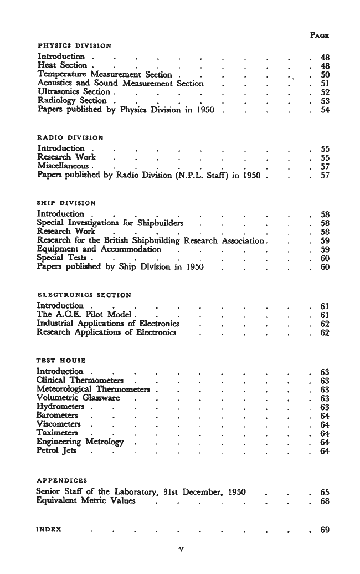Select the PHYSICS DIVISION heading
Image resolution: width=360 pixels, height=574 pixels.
(74, 45)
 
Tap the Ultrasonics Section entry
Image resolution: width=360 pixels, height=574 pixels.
(74, 91)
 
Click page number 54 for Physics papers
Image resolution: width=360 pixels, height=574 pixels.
(325, 110)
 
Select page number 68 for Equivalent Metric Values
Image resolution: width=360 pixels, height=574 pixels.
(325, 501)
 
